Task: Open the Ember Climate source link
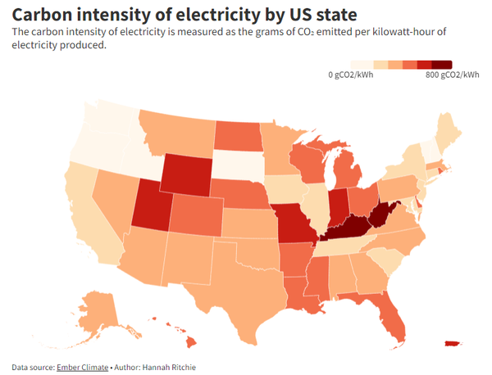[x=82, y=368]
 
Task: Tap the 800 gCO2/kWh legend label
[x=453, y=75]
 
